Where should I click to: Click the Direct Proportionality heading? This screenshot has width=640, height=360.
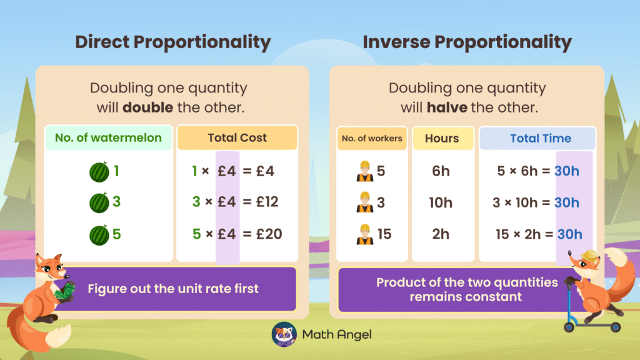pos(173,42)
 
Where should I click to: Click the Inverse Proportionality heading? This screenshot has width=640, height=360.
pos(467,42)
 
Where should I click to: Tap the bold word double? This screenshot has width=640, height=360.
pos(147,107)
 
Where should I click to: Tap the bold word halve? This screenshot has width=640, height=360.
pos(447,107)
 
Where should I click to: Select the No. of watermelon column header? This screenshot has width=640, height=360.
pos(108,138)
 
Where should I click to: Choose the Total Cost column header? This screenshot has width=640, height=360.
pos(237,138)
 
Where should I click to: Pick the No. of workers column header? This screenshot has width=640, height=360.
pos(372,138)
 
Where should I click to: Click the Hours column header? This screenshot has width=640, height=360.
pos(442,138)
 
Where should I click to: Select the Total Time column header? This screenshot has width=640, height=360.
pos(541,138)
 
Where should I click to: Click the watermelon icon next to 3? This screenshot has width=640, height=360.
pos(99,202)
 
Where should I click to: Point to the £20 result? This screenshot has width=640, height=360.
pos(269,234)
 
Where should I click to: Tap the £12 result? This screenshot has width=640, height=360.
pos(267,202)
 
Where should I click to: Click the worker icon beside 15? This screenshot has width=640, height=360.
pos(365,234)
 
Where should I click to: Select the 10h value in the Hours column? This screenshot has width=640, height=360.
pos(441,202)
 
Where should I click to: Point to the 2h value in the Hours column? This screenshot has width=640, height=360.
pos(441,234)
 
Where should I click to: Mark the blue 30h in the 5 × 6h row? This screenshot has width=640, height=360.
pos(567,171)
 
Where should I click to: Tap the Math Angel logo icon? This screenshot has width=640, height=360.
pos(284,334)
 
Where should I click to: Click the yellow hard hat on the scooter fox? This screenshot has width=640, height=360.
pos(589,256)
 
